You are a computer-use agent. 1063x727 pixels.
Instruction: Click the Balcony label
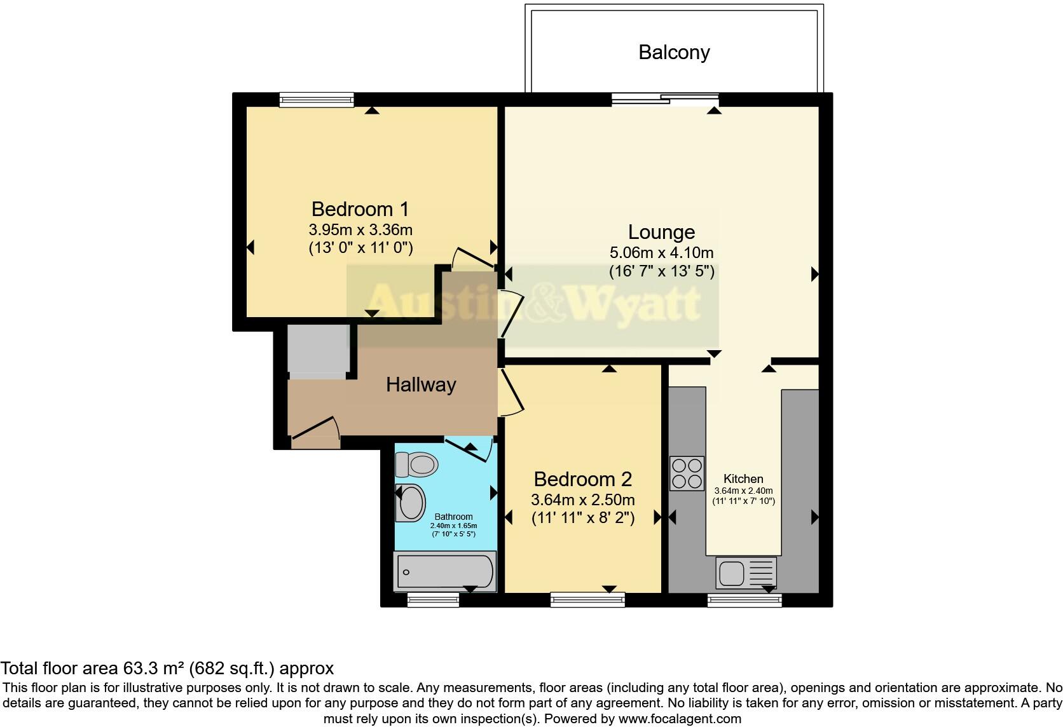pyautogui.click(x=674, y=52)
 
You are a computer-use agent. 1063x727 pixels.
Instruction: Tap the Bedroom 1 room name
pyautogui.click(x=360, y=209)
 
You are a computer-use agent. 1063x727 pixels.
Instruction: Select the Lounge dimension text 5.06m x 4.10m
pyautogui.click(x=661, y=252)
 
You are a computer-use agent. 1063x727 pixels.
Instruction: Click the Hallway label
pyautogui.click(x=421, y=384)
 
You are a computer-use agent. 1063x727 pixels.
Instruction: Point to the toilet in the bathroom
pyautogui.click(x=417, y=465)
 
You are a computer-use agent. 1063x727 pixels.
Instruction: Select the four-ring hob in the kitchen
pyautogui.click(x=687, y=473)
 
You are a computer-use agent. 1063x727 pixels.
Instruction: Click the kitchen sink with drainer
pyautogui.click(x=746, y=573)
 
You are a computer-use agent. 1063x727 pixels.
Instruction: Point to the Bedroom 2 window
pyautogui.click(x=587, y=599)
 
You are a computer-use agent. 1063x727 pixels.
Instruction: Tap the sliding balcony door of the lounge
pyautogui.click(x=665, y=99)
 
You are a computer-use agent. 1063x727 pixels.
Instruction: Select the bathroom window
pyautogui.click(x=433, y=599)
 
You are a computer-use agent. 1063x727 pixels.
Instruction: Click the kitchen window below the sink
pyautogui.click(x=744, y=599)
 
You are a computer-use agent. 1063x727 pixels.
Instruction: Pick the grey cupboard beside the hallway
pyautogui.click(x=319, y=350)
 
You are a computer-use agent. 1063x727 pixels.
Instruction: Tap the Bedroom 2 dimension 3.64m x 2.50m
pyautogui.click(x=583, y=499)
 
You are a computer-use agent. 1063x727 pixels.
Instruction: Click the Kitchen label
pyautogui.click(x=743, y=479)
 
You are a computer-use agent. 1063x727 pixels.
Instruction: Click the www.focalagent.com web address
pyautogui.click(x=679, y=719)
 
